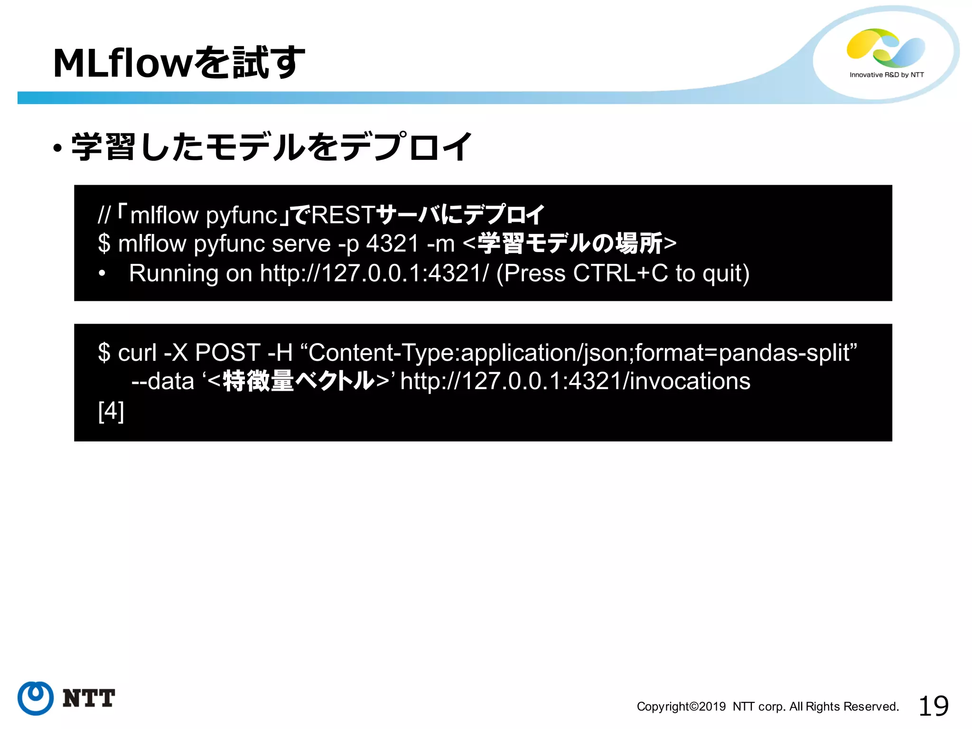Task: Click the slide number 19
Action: [933, 706]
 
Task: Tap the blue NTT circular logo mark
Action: [35, 698]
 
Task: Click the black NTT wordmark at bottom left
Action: [89, 698]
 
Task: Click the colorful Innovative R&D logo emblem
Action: [886, 48]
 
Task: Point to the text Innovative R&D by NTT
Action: [886, 75]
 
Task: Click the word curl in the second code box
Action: [137, 353]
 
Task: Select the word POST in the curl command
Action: [227, 353]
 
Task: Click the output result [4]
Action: [111, 411]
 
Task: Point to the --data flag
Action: [163, 382]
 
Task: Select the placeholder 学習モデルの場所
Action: [570, 244]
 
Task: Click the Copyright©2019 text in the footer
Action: [681, 707]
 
